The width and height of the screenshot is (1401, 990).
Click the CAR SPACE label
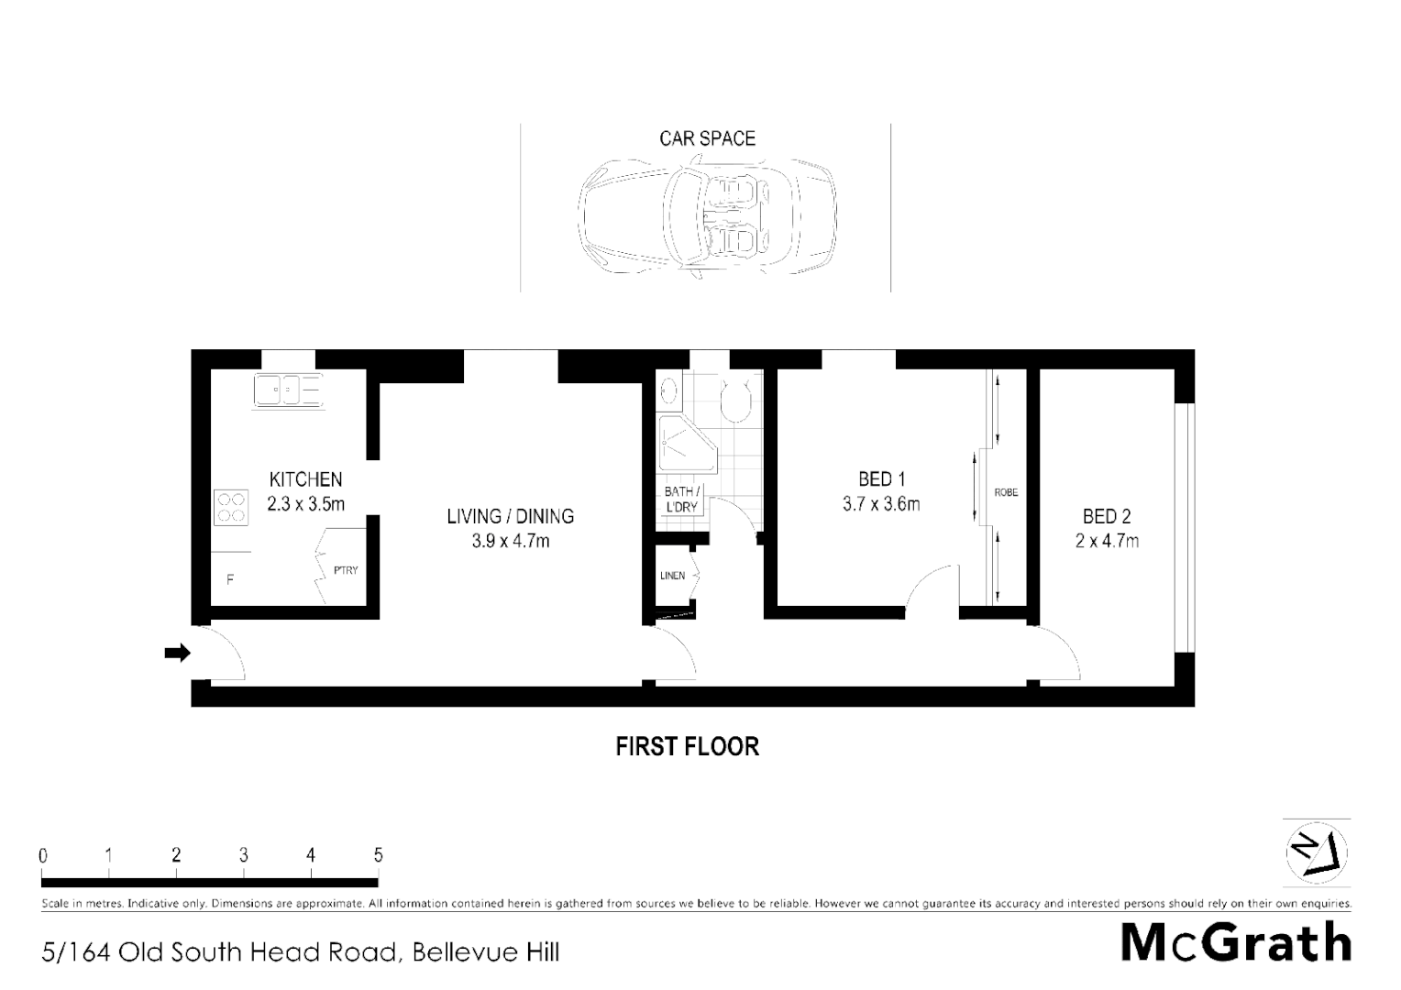pyautogui.click(x=707, y=138)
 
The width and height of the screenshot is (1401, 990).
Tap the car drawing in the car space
pyautogui.click(x=707, y=217)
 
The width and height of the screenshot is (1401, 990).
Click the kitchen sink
pyautogui.click(x=289, y=391)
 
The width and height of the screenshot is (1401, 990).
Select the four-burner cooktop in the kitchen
pyautogui.click(x=231, y=508)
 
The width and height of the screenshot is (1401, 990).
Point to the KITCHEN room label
pyautogui.click(x=305, y=478)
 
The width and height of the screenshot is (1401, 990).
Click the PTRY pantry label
pyautogui.click(x=346, y=570)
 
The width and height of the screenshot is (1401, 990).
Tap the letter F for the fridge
pyautogui.click(x=230, y=579)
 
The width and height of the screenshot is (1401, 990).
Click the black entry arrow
pyautogui.click(x=177, y=653)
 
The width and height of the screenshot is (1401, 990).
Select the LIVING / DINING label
pyautogui.click(x=510, y=516)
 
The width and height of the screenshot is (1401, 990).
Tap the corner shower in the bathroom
pyautogui.click(x=679, y=444)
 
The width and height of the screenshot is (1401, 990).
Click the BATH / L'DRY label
pyautogui.click(x=681, y=499)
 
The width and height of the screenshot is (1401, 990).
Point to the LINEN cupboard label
pyautogui.click(x=672, y=576)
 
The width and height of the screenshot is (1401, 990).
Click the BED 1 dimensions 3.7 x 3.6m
pyautogui.click(x=880, y=503)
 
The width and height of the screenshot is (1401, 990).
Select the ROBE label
pyautogui.click(x=1006, y=492)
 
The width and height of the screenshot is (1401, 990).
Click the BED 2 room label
pyautogui.click(x=1106, y=516)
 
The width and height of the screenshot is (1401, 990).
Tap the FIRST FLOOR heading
pyautogui.click(x=687, y=746)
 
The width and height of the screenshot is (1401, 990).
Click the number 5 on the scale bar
pyautogui.click(x=378, y=855)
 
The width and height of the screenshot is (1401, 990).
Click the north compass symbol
pyautogui.click(x=1317, y=852)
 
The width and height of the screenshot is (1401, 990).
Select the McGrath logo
pyautogui.click(x=1236, y=941)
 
